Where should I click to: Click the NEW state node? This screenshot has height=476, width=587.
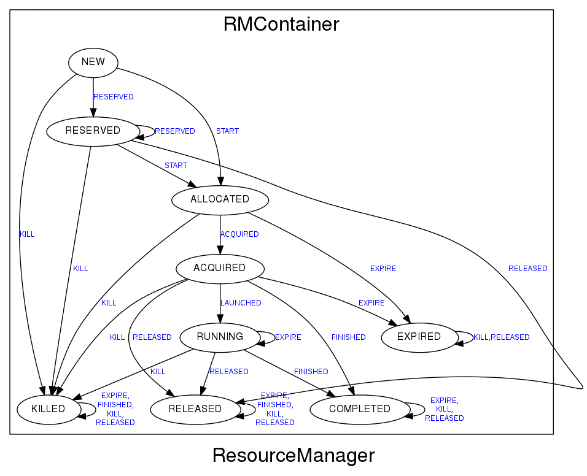coord(93,62)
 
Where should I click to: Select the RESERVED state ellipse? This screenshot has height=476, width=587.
coord(93,131)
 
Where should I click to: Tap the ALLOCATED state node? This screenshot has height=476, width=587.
coord(220,199)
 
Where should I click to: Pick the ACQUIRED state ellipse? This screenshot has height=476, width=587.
coord(220,268)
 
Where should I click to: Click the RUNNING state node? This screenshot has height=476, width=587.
coord(220,337)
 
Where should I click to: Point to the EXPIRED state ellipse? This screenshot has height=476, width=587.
coord(419,337)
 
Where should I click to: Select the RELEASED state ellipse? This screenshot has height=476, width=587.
coord(195,409)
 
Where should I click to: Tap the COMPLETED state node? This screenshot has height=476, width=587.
coord(359,409)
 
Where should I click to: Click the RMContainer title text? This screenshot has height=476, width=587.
coord(281,25)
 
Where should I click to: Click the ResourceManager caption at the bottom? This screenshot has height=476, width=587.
coord(293,456)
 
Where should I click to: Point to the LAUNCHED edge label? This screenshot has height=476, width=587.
coord(241,303)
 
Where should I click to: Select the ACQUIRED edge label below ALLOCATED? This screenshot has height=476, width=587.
coord(239,234)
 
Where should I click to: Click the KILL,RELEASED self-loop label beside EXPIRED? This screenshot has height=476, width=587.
coord(501,337)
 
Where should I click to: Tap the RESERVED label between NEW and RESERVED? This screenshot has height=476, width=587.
coord(114,97)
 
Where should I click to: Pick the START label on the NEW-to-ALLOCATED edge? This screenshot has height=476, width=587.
coord(227,131)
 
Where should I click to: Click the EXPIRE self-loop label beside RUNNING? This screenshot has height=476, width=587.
coord(288,337)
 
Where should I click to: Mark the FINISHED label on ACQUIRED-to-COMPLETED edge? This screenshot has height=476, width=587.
coord(348,337)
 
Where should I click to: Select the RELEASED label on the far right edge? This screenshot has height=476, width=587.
coord(527,269)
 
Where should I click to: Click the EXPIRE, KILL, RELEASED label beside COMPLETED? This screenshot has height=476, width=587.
coord(444,409)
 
